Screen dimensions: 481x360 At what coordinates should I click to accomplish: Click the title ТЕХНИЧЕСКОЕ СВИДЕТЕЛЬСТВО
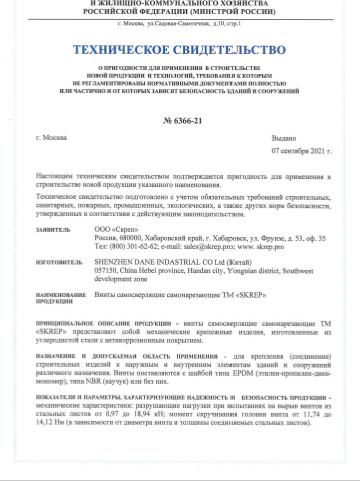(x=179, y=46)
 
